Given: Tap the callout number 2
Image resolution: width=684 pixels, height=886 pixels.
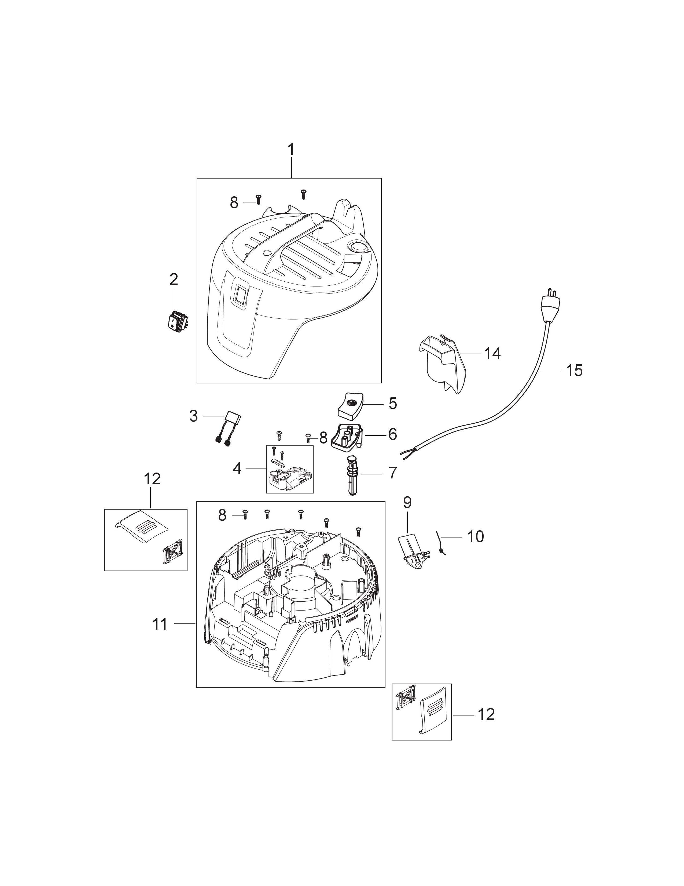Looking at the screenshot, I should pos(174,279).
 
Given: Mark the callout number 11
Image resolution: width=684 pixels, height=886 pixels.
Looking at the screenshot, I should pos(160,624).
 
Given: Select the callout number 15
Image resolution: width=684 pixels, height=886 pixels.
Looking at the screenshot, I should pos(574,371).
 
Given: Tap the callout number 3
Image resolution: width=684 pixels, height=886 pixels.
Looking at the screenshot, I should pos(194,416).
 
